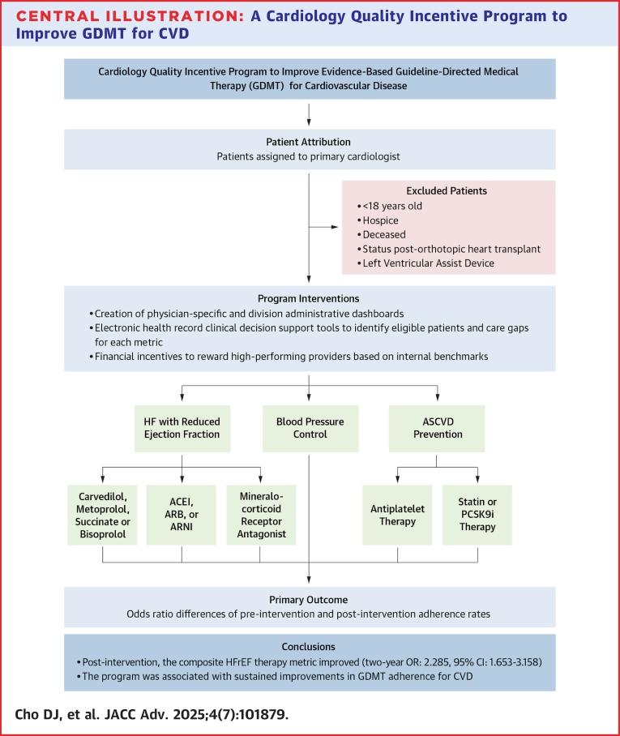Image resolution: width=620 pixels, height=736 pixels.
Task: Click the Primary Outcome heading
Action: coord(310,600)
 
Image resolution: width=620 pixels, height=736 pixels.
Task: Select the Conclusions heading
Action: coord(310,646)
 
